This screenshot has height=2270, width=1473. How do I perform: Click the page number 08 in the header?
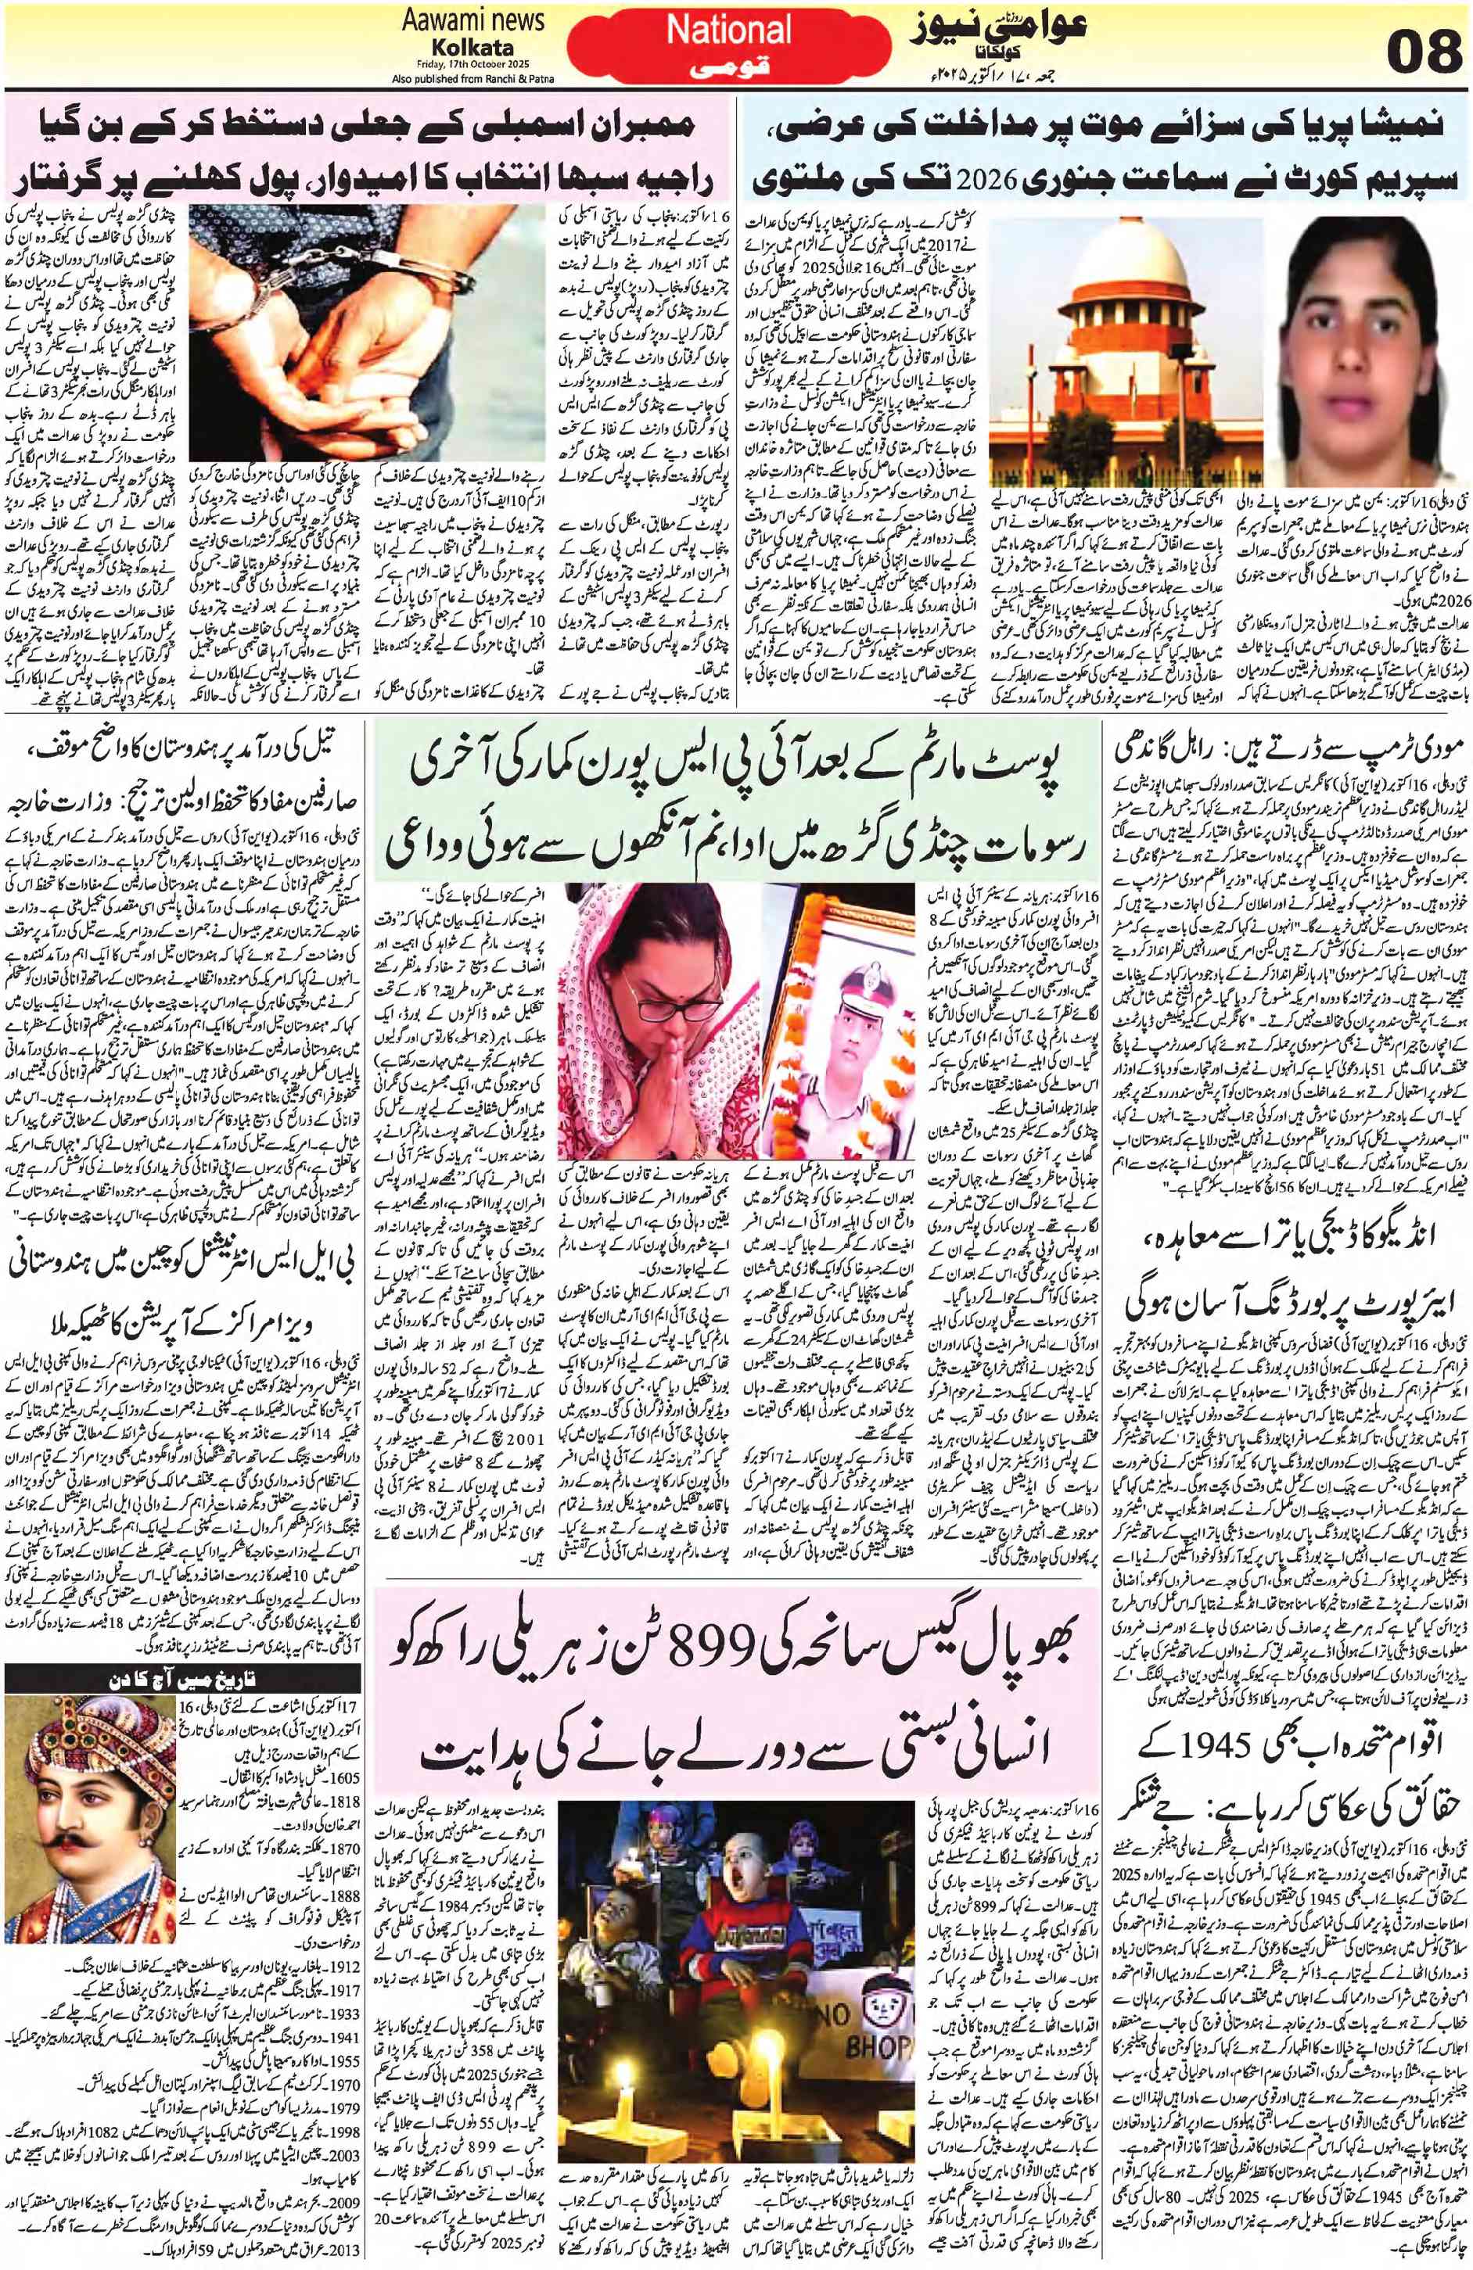(x=1421, y=46)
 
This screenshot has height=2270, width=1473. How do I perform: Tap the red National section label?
(x=729, y=30)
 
